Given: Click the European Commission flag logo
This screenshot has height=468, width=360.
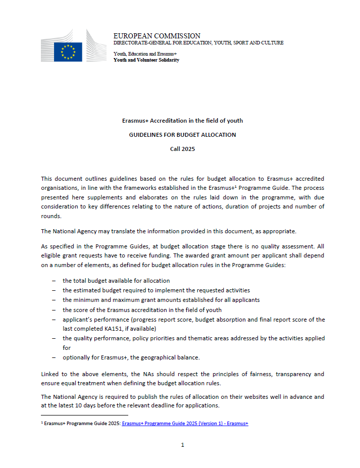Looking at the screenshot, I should click(68, 51).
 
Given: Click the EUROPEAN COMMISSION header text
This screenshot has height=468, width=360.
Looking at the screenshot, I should click(157, 36).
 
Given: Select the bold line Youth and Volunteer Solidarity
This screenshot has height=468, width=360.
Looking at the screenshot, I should click(146, 60).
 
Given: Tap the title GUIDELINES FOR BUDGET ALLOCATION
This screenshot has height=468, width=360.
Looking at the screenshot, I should click(182, 135).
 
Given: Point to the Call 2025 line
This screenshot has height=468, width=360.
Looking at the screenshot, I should click(182, 149).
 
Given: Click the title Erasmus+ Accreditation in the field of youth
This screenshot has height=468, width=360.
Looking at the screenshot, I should click(182, 121).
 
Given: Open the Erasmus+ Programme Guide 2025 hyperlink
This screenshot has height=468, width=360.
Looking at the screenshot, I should click(185, 423).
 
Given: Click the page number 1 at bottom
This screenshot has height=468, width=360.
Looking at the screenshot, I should click(182, 445).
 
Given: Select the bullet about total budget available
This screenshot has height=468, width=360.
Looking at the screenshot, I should click(116, 280).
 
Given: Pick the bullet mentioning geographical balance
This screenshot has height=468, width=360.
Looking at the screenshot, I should click(131, 357).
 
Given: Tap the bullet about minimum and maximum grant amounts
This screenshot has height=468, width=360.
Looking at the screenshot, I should click(161, 299).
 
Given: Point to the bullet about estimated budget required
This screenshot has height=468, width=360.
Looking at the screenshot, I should click(156, 290).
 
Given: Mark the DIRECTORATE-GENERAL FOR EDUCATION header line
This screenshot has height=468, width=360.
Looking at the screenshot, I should click(198, 43).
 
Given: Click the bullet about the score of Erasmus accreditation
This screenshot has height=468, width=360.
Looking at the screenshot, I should click(142, 309).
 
